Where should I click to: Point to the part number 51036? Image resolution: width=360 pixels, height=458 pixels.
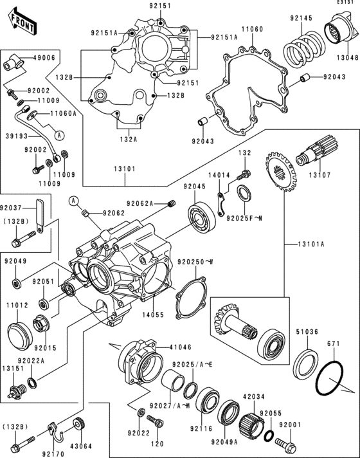(307, 333)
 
